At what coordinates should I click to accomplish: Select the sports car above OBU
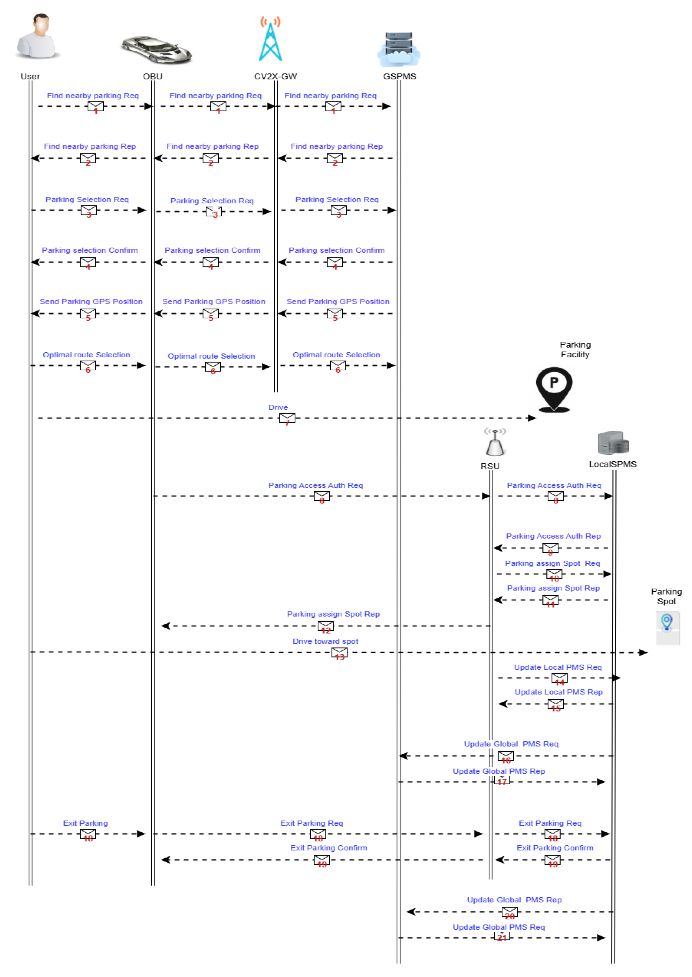click(156, 49)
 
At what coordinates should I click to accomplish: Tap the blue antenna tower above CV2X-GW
click(271, 40)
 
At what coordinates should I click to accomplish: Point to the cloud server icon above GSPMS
click(399, 49)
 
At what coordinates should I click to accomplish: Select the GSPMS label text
click(399, 77)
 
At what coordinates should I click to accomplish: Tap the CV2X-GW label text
click(275, 77)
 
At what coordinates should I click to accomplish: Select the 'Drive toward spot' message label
click(325, 642)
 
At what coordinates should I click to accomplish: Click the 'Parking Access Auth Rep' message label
click(553, 536)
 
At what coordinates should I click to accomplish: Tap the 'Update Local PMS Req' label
click(557, 668)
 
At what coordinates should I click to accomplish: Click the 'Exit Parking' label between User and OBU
click(85, 824)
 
